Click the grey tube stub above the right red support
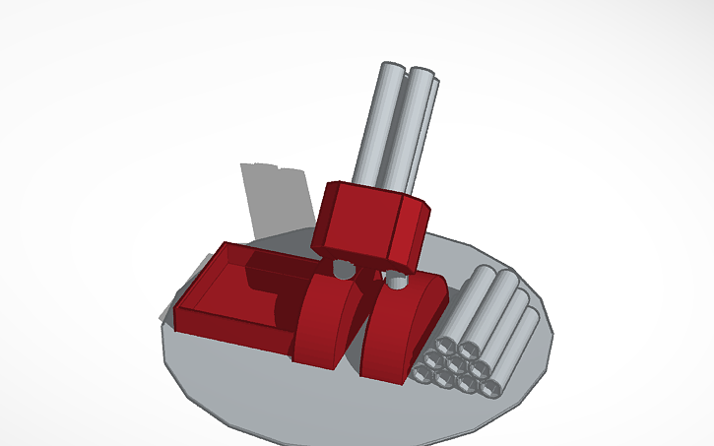tap(396, 281)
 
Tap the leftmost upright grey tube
tap(374, 128)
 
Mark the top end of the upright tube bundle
tap(407, 73)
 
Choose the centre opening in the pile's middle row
tap(457, 365)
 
